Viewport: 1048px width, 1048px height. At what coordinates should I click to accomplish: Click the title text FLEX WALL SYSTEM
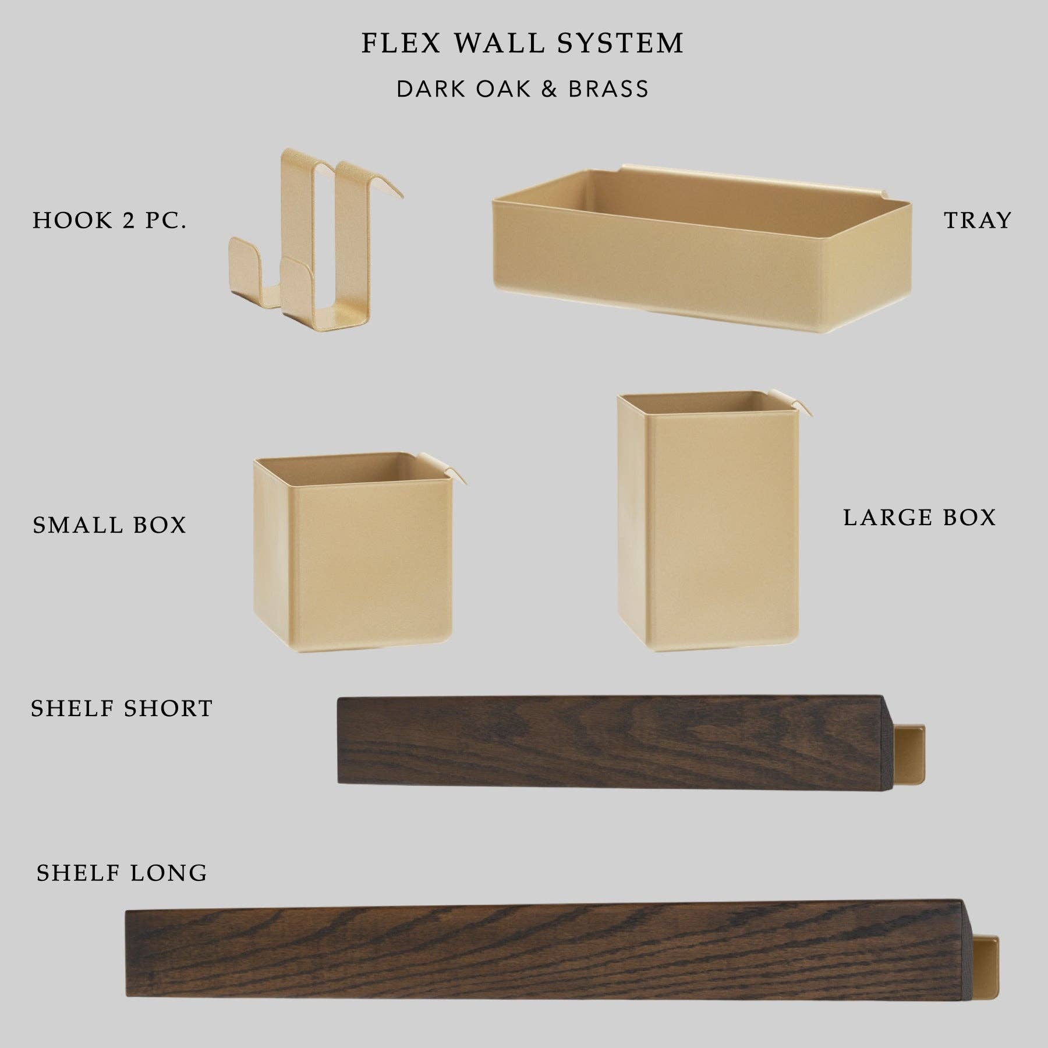click(522, 44)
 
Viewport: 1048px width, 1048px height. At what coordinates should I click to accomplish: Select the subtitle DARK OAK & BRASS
click(522, 89)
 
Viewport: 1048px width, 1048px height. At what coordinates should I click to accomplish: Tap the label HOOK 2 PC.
click(109, 221)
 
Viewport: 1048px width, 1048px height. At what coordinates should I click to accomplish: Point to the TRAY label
click(978, 220)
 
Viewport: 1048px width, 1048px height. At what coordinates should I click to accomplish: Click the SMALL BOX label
click(109, 525)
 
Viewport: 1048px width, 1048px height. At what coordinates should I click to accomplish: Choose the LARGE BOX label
click(920, 518)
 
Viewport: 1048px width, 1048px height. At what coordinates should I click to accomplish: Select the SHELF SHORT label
click(122, 709)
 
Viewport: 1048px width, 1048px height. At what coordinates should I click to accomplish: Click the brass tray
click(699, 256)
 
